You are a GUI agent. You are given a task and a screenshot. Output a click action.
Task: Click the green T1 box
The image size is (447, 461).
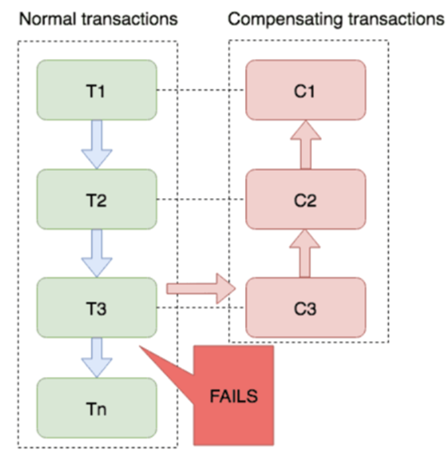click(97, 91)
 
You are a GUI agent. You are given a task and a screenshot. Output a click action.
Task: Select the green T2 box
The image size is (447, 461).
click(97, 199)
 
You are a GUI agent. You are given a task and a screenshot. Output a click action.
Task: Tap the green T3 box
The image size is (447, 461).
click(97, 308)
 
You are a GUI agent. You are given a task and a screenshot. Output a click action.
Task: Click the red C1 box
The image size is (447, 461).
click(305, 91)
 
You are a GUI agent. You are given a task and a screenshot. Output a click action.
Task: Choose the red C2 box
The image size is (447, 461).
click(305, 199)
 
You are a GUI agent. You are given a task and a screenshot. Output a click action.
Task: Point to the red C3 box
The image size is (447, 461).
click(305, 308)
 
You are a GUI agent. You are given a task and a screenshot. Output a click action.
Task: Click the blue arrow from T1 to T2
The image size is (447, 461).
click(97, 145)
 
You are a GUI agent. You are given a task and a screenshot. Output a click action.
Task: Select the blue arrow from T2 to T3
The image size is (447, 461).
click(97, 254)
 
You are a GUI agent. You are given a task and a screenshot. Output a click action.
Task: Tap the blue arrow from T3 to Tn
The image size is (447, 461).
click(97, 358)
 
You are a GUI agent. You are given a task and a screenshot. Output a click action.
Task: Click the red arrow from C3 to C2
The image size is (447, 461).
click(305, 254)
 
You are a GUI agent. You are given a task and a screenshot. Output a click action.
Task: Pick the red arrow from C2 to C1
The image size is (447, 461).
click(305, 145)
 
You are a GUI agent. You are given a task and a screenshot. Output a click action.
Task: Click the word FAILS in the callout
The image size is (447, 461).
click(233, 396)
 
